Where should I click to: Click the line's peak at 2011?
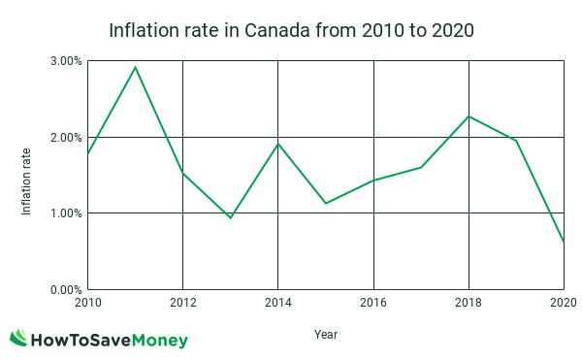[x=135, y=67]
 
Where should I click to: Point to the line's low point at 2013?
[x=230, y=217]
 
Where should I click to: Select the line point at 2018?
[x=469, y=116]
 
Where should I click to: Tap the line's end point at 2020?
[x=563, y=242]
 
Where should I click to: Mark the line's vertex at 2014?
[x=278, y=144]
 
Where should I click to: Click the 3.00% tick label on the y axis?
[x=65, y=61]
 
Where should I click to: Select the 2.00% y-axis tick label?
[x=65, y=137]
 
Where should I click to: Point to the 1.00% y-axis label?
[x=65, y=213]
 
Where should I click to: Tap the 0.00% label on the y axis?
[x=65, y=289]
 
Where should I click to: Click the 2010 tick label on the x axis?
[x=87, y=303]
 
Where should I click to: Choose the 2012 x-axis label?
[x=182, y=303]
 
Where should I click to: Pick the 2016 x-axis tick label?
[x=373, y=303]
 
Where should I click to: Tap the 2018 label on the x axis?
[x=469, y=303]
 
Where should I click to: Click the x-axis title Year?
[x=326, y=335]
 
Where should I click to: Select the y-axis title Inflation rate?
[x=27, y=175]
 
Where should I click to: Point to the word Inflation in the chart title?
[x=146, y=30]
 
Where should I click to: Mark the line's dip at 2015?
[x=326, y=203]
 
